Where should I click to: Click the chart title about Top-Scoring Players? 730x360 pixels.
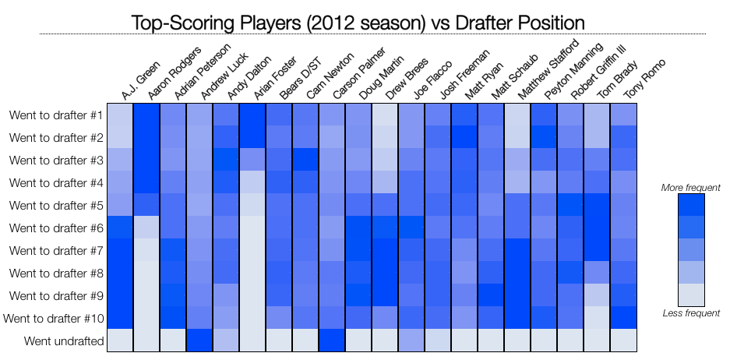click(358, 21)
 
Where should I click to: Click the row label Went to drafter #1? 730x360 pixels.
click(56, 115)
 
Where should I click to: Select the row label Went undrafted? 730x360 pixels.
click(64, 341)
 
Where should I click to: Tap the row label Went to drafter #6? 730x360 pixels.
click(56, 228)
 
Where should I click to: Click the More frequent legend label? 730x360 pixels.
click(690, 188)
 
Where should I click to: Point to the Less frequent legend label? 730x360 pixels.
click(690, 313)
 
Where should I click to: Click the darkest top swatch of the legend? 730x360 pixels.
click(691, 204)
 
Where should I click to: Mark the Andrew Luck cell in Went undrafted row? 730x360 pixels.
click(199, 341)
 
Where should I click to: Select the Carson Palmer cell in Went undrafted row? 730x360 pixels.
click(332, 341)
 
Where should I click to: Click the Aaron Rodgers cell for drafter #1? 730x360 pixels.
click(146, 115)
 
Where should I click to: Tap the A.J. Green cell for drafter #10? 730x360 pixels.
click(120, 318)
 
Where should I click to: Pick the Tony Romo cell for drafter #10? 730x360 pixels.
click(623, 318)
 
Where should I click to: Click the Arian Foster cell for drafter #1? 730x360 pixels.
click(252, 115)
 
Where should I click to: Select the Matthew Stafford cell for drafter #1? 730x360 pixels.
click(517, 115)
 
